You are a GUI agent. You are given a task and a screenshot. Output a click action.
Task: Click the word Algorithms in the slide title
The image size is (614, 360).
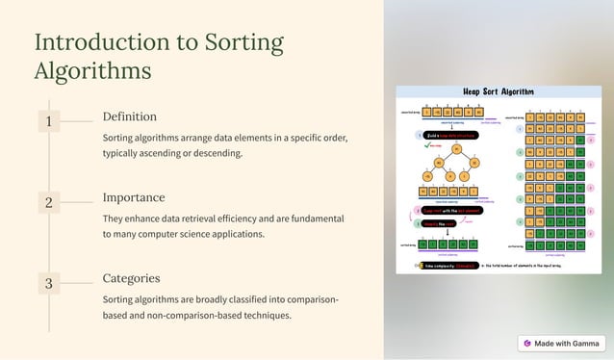click(92, 71)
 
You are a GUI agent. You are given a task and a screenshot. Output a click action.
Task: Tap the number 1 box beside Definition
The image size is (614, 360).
click(48, 120)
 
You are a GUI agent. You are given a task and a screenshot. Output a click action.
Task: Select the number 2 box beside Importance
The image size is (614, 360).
click(48, 202)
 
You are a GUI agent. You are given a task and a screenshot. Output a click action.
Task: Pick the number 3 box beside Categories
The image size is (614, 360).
click(48, 283)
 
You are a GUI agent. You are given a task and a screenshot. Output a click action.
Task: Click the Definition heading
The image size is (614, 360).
click(130, 116)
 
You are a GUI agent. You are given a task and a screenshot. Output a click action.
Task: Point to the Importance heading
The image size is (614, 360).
click(134, 197)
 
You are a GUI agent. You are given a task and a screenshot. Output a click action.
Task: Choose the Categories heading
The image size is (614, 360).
click(131, 278)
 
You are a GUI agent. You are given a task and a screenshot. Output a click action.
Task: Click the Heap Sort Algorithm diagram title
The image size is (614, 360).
click(498, 92)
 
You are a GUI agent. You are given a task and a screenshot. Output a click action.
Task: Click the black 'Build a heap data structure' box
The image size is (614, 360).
click(451, 135)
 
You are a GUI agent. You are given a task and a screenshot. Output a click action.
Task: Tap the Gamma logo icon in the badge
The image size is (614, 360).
click(526, 343)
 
